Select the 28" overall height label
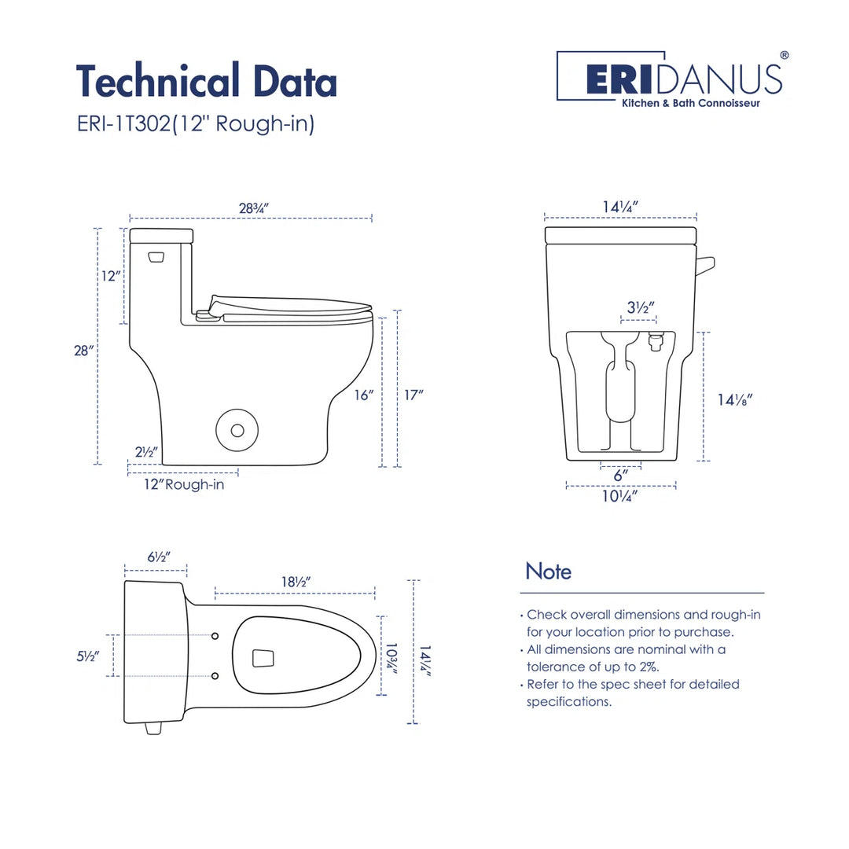(84, 351)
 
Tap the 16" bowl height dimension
(362, 395)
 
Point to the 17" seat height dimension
(413, 395)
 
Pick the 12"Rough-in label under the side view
(183, 484)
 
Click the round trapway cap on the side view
(237, 430)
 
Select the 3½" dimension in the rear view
(638, 308)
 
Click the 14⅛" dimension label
(735, 399)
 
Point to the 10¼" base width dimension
(620, 496)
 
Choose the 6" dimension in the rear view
(620, 476)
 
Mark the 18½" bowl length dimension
(295, 582)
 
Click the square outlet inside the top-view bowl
(263, 657)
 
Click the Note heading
(548, 571)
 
